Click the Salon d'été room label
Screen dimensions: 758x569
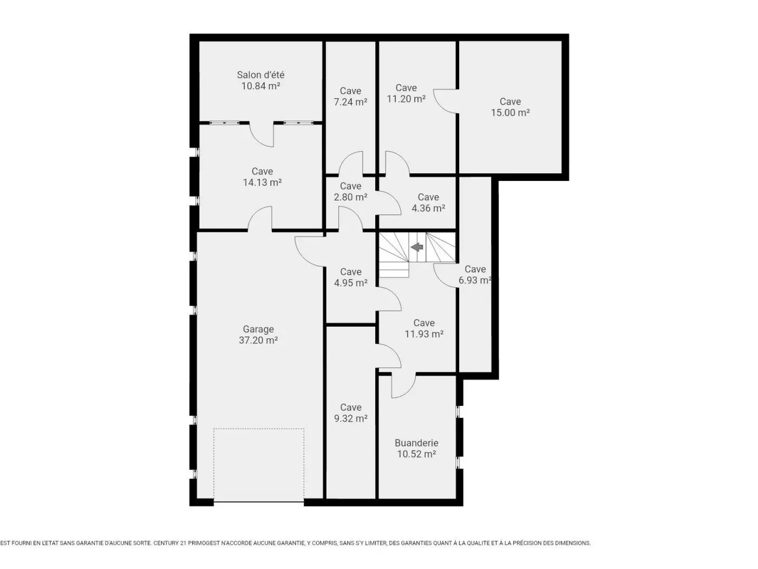(x=260, y=75)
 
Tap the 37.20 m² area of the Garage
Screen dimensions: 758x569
(x=258, y=340)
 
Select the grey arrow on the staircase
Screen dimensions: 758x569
(x=417, y=247)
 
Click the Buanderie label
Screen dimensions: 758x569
(x=416, y=443)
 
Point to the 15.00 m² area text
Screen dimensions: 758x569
(x=511, y=113)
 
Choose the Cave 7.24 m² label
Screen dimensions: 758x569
(x=350, y=96)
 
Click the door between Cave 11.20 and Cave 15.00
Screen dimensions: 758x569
(x=446, y=101)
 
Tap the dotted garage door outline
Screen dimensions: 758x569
(x=259, y=465)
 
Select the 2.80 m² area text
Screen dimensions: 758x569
(x=350, y=197)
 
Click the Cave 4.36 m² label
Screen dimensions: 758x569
(x=428, y=203)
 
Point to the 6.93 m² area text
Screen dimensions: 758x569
(x=475, y=280)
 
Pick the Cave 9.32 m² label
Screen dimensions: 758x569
(x=350, y=413)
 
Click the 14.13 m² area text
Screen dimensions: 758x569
(x=262, y=183)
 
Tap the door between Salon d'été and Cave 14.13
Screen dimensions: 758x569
(x=262, y=135)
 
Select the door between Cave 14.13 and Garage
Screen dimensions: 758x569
(x=260, y=218)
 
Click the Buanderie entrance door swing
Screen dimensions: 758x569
(x=403, y=385)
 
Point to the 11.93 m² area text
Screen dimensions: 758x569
(x=424, y=334)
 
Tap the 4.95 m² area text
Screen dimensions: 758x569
(x=350, y=283)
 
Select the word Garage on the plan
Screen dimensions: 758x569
(x=258, y=329)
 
